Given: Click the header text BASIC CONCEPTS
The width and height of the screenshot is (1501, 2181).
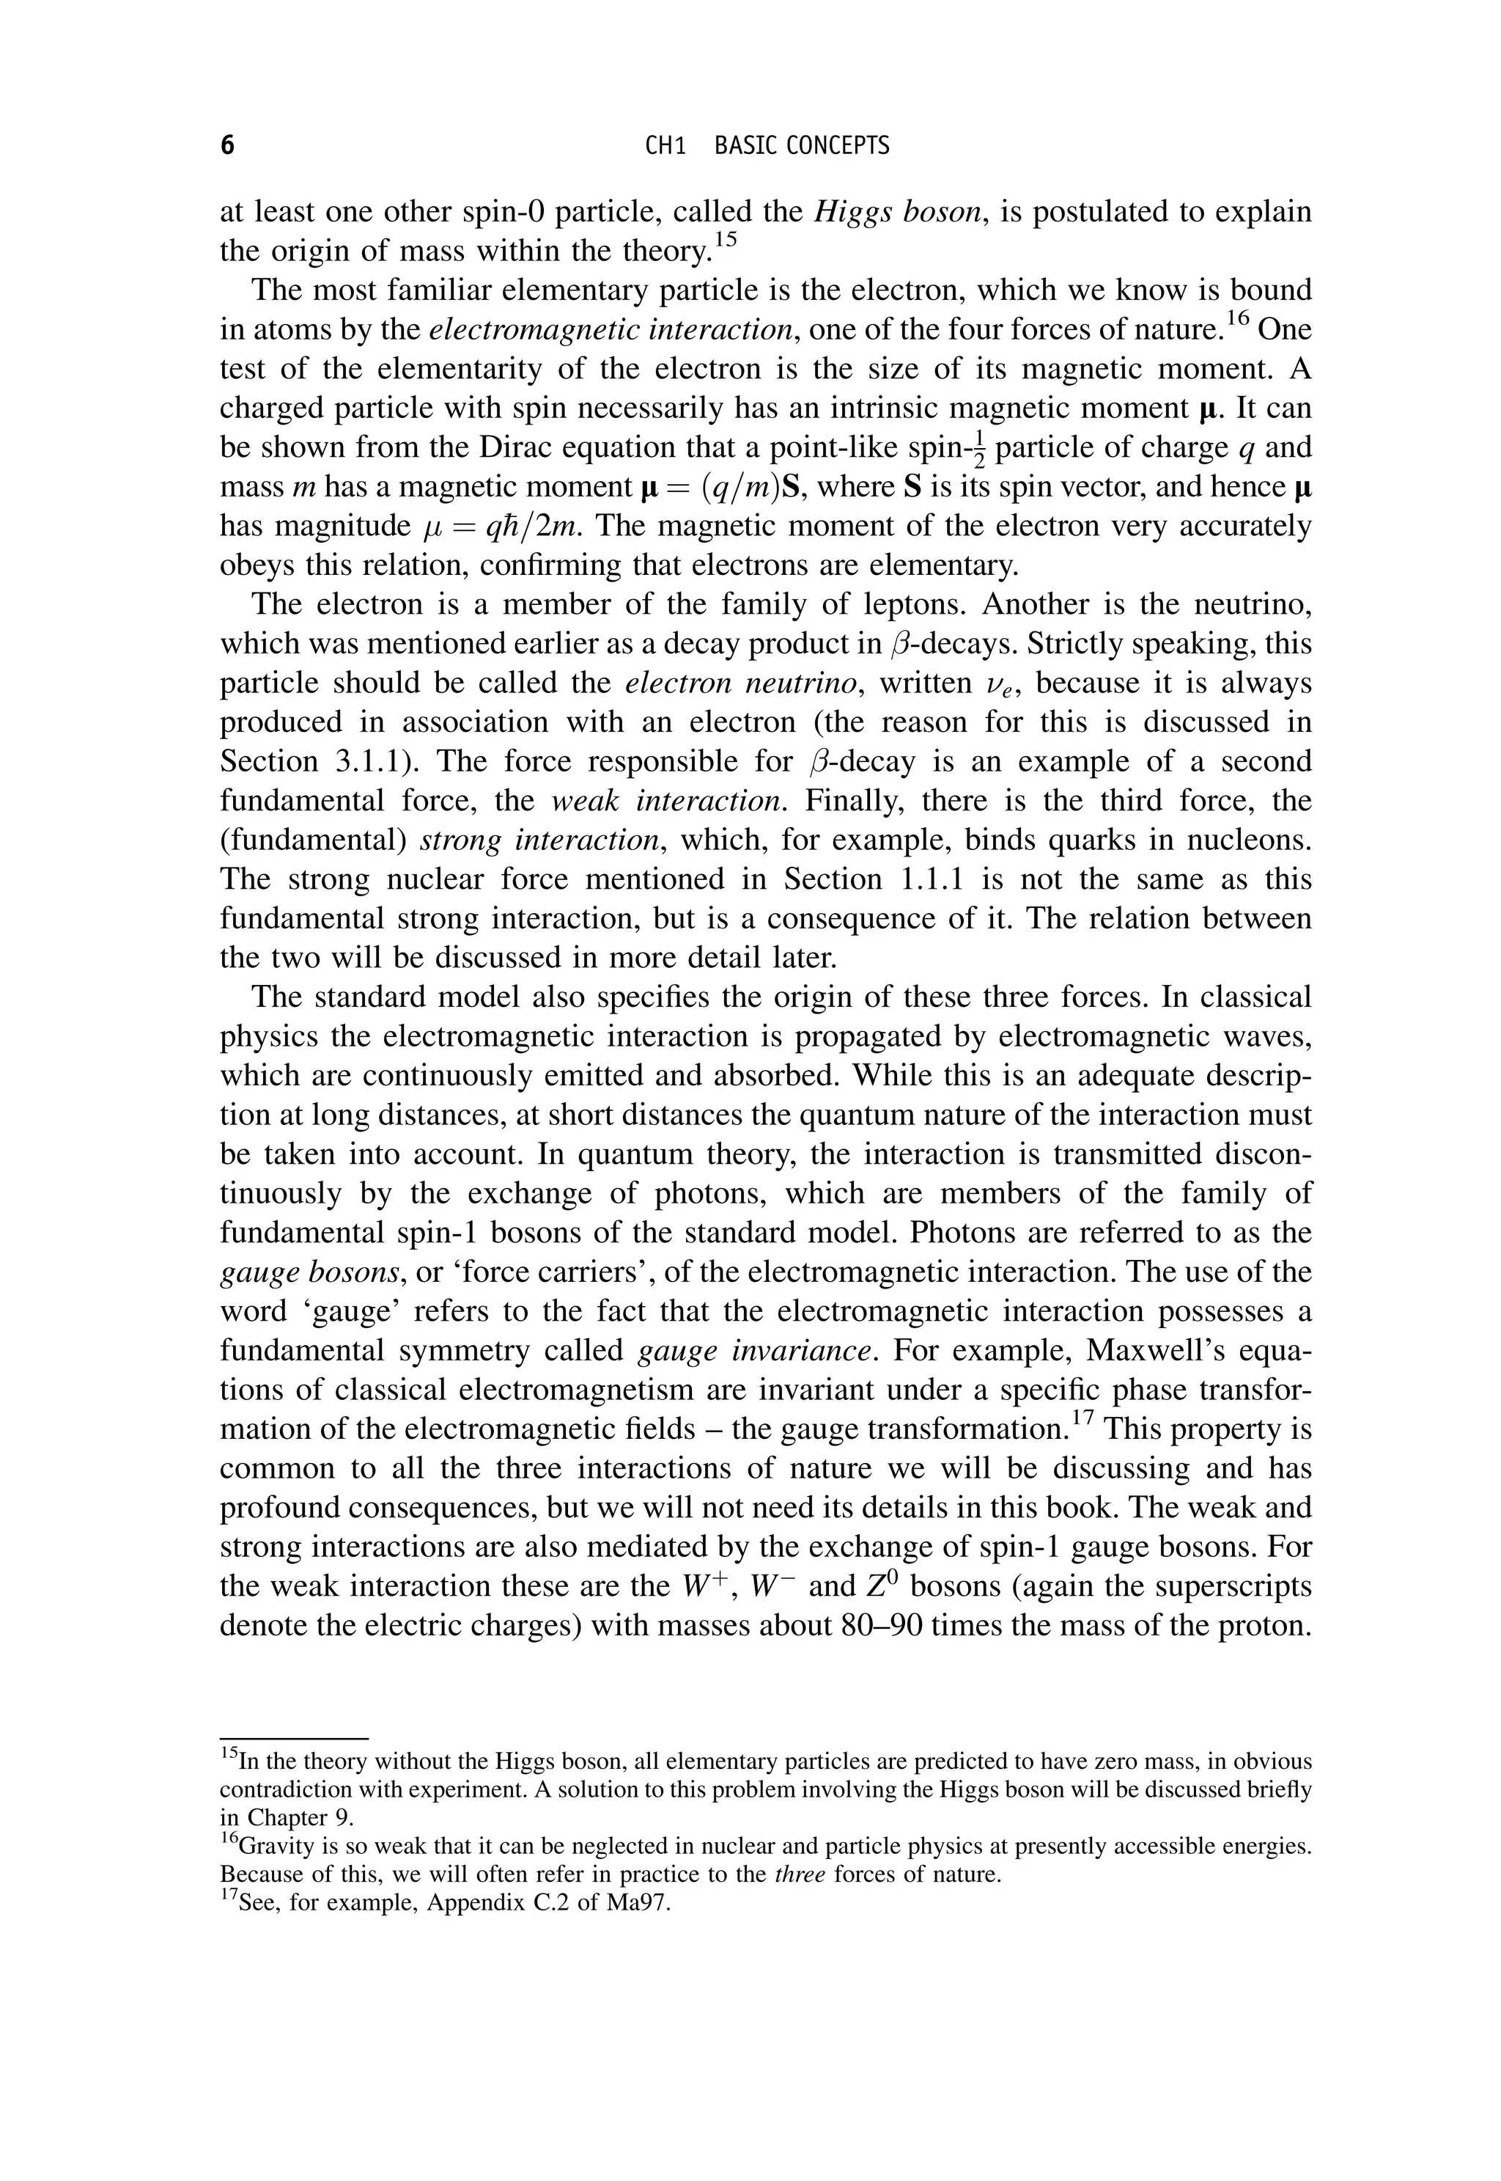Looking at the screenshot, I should [801, 146].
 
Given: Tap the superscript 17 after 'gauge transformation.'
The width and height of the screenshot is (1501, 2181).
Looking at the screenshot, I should [1083, 1417].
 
